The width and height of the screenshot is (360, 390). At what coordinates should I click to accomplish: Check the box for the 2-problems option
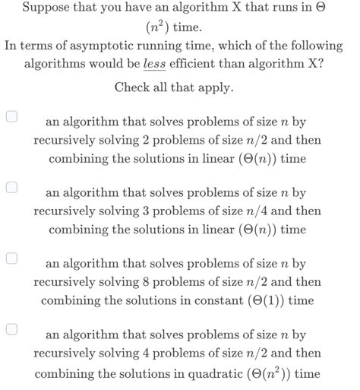coord(12,117)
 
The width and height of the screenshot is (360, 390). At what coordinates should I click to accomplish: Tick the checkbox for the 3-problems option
coord(12,188)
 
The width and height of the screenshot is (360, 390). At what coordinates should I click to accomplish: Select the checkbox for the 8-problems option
coord(12,258)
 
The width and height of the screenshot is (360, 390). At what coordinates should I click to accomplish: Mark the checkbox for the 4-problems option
coord(12,329)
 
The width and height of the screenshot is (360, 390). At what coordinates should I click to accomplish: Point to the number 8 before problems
coord(158,282)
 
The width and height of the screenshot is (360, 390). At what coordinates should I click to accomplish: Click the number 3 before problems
coord(158,211)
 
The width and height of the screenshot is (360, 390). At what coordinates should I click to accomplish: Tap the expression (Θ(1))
coord(268,300)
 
